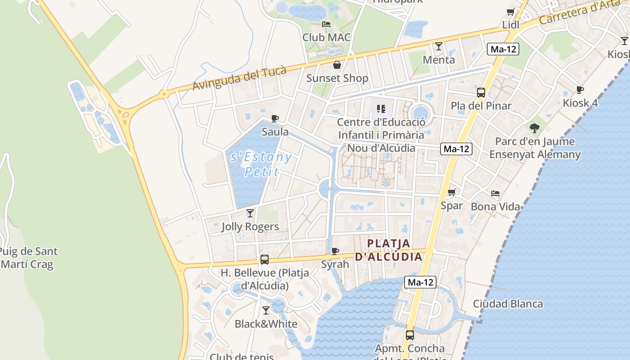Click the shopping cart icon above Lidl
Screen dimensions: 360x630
510,12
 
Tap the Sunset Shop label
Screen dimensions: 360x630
337,78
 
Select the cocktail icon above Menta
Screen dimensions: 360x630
439,46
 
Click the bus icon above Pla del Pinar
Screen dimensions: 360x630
481,93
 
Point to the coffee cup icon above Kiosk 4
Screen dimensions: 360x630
580,90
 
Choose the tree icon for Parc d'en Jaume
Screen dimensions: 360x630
535,128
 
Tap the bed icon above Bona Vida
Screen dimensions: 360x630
495,193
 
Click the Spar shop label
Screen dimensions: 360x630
451,206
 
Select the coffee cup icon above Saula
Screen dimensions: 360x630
275,119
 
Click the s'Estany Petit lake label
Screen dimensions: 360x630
261,164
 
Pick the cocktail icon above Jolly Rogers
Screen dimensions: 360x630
250,213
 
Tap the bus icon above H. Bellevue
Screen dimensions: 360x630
265,260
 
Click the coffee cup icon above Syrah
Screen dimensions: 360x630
335,251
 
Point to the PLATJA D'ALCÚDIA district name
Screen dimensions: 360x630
389,250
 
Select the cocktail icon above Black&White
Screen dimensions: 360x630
266,310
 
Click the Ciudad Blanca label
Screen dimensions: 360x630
508,304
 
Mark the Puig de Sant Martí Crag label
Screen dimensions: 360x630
29,258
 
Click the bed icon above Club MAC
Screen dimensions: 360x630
326,24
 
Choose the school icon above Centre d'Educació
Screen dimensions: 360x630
381,108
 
